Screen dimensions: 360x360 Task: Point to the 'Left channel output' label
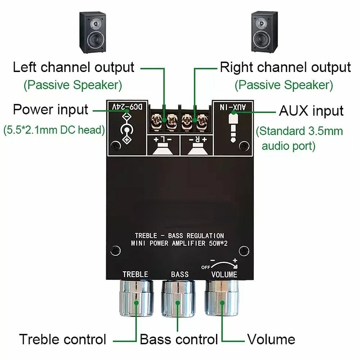73,68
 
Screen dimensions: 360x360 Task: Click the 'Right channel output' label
285,68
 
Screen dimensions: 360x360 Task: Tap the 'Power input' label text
50,109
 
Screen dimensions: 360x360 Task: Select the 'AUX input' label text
311,111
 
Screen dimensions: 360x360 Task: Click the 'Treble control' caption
63,339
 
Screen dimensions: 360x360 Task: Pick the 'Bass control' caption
179,339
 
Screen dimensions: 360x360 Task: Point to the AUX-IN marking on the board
233,107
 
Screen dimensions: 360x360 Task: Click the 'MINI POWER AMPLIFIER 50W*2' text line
179,243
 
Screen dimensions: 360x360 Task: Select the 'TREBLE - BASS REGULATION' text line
179,236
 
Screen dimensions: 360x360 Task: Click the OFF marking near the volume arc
205,267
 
